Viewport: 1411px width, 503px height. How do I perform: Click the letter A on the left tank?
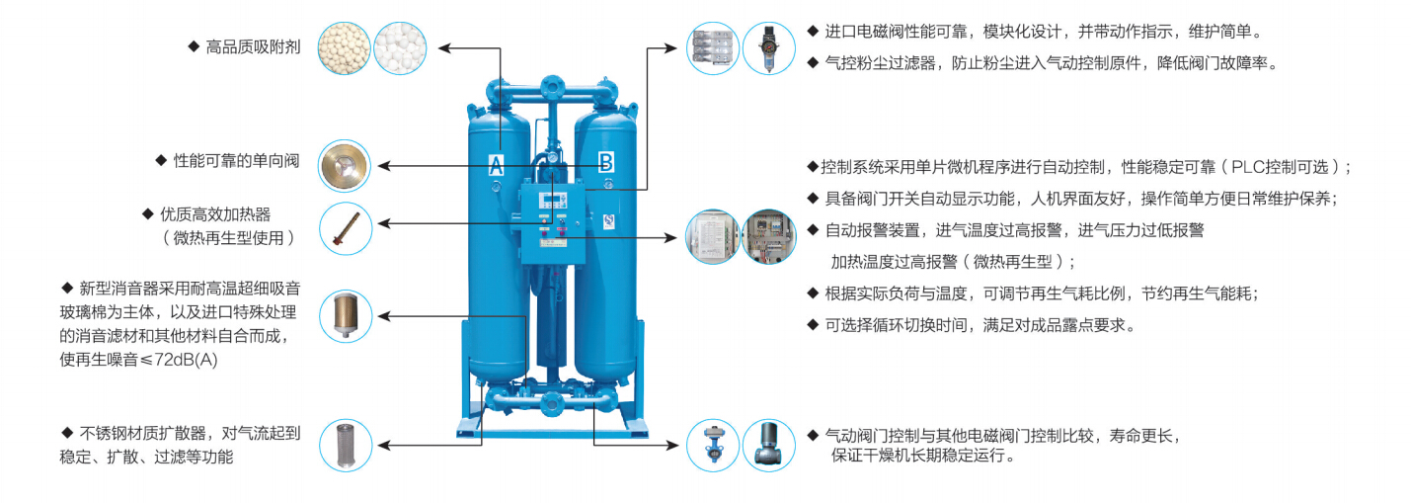pyautogui.click(x=496, y=164)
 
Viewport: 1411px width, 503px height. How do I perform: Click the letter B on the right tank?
pyautogui.click(x=605, y=161)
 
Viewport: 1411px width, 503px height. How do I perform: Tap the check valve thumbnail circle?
pyautogui.click(x=345, y=164)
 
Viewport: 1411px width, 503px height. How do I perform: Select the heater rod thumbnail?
pyautogui.click(x=345, y=228)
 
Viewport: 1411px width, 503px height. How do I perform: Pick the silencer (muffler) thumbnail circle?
pyautogui.click(x=345, y=315)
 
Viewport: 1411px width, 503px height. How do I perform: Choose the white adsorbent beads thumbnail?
pyautogui.click(x=399, y=46)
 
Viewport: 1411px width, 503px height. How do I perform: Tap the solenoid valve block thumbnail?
pyautogui.click(x=712, y=48)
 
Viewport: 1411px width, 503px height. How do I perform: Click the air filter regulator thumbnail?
pyautogui.click(x=768, y=48)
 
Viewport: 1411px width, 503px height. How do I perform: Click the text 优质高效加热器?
pyautogui.click(x=222, y=214)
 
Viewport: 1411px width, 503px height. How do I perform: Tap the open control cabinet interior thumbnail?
pyautogui.click(x=768, y=237)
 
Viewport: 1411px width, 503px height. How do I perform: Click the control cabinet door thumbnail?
pyautogui.click(x=712, y=237)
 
